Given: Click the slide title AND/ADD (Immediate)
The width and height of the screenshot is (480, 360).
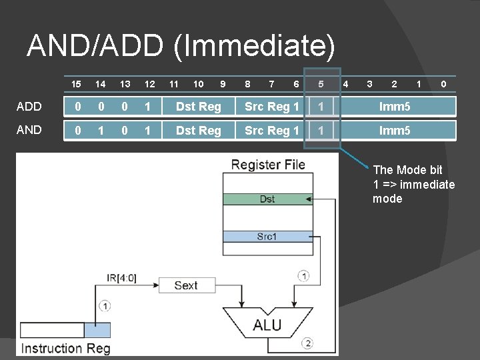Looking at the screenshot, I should coord(181,45).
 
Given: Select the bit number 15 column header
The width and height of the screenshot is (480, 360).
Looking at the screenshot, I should coord(76,85).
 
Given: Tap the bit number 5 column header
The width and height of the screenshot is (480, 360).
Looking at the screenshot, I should coord(321,85).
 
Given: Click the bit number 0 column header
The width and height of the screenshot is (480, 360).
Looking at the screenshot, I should coord(443,85).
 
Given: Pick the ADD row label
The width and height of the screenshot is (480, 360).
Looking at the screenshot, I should coord(29,107).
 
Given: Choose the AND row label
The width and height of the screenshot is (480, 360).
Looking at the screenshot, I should coord(29,130).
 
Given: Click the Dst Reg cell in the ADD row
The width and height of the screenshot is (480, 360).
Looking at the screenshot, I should coord(198,107).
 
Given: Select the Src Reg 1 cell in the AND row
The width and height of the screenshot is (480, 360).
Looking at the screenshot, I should coord(271,131).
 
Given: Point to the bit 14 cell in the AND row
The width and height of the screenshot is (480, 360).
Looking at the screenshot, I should coord(100,131).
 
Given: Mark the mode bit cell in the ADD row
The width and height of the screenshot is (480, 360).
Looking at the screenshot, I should coord(321,107).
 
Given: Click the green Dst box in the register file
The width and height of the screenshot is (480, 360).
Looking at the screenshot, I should coord(267,199).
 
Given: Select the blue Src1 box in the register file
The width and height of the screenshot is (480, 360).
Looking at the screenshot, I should coord(267,236).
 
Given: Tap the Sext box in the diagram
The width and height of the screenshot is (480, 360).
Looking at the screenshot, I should coord(186,285).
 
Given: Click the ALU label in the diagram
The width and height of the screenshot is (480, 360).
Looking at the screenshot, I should coord(267,325).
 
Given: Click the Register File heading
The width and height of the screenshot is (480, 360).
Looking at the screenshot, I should coord(268,165).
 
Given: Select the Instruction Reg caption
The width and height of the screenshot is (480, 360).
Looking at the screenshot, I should coord(65,348).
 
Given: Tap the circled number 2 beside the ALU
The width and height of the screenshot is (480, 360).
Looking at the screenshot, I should coord(307,343).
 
